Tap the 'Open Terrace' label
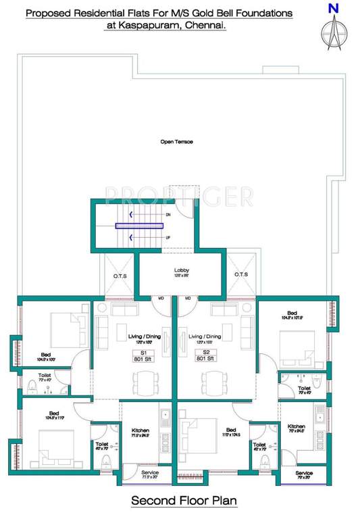tap(176, 142)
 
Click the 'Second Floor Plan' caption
tap(179, 501)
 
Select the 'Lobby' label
tap(182, 270)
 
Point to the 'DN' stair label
tap(167, 215)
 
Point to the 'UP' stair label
tap(167, 239)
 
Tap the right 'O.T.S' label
tap(242, 275)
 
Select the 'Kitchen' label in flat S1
tap(140, 430)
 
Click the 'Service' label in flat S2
tap(303, 473)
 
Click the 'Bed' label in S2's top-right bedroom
tap(291, 314)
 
